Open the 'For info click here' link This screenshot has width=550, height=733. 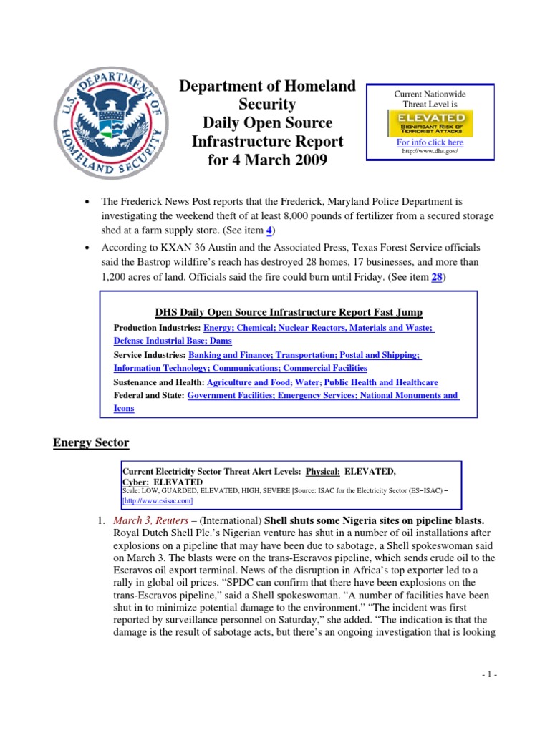pyautogui.click(x=430, y=142)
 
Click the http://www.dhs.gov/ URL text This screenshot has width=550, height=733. pyautogui.click(x=430, y=151)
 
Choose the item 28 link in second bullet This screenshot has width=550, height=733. pyautogui.click(x=435, y=278)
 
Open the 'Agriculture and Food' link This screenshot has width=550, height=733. pyautogui.click(x=252, y=382)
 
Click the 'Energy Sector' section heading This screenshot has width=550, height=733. pyautogui.click(x=91, y=442)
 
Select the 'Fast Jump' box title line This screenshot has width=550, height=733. pyautogui.click(x=289, y=312)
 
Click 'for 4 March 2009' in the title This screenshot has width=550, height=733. pyautogui.click(x=267, y=160)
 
